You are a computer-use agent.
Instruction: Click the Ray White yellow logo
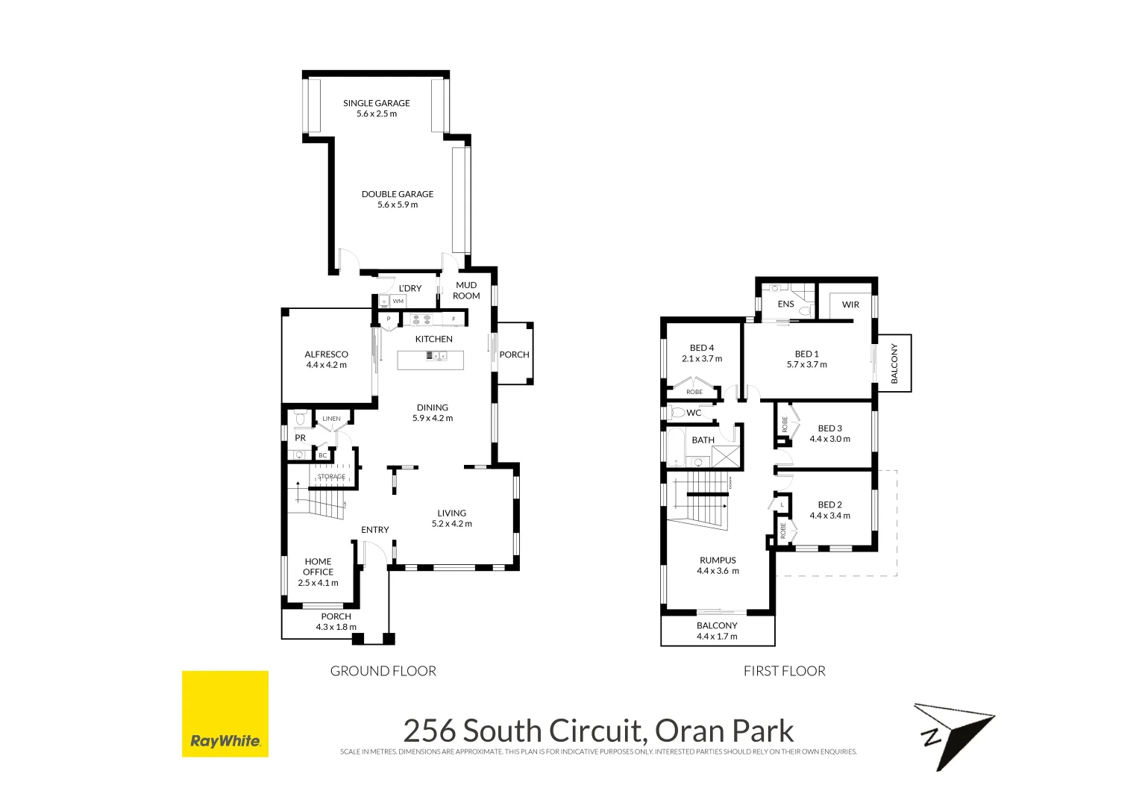(225, 713)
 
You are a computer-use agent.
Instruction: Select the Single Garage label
(376, 103)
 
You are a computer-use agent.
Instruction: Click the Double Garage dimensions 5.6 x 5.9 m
(398, 204)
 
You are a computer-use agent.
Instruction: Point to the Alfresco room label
(326, 354)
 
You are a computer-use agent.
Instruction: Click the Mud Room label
(466, 290)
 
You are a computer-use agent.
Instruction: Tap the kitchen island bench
(430, 360)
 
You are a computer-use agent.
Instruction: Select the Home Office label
(318, 566)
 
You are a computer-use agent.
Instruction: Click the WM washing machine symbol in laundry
(398, 302)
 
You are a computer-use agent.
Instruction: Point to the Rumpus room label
(718, 560)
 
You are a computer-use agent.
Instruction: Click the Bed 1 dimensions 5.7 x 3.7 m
(806, 365)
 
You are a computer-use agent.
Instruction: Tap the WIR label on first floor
(850, 304)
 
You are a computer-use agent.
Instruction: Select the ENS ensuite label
(785, 304)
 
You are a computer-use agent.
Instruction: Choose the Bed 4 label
(701, 348)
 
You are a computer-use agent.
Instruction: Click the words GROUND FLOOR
(383, 671)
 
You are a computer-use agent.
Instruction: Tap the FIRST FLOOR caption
(784, 671)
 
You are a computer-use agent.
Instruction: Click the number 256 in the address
(429, 731)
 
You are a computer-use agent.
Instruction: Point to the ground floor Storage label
(331, 477)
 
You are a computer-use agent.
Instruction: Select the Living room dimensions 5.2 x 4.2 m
(451, 524)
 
